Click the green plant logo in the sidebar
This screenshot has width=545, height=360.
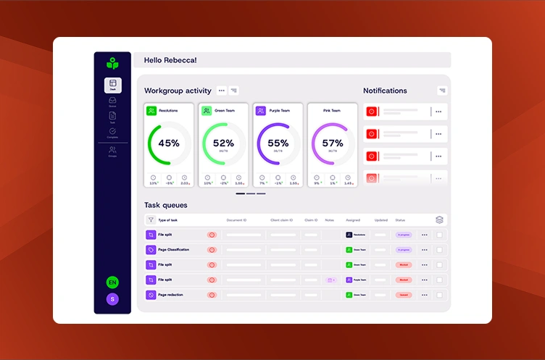112,63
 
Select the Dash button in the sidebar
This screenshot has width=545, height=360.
112,84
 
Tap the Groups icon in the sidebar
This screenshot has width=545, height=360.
112,150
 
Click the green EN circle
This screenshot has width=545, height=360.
112,282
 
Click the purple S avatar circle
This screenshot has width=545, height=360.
112,299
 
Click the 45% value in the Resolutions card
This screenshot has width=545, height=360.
169,143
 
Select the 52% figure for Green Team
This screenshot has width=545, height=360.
223,143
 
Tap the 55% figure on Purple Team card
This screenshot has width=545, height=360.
278,143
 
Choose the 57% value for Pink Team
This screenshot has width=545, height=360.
333,143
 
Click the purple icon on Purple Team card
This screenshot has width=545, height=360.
260,111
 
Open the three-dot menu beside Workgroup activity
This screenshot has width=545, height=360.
222,91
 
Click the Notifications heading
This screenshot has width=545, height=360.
385,91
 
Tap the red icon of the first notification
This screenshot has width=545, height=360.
372,112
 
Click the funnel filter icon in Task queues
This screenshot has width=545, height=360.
151,219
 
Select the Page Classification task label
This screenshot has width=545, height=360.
173,249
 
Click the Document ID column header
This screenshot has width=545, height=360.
236,219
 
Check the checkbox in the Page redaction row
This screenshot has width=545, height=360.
440,295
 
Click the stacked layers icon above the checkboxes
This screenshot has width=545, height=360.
439,219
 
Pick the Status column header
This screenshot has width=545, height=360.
400,219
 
